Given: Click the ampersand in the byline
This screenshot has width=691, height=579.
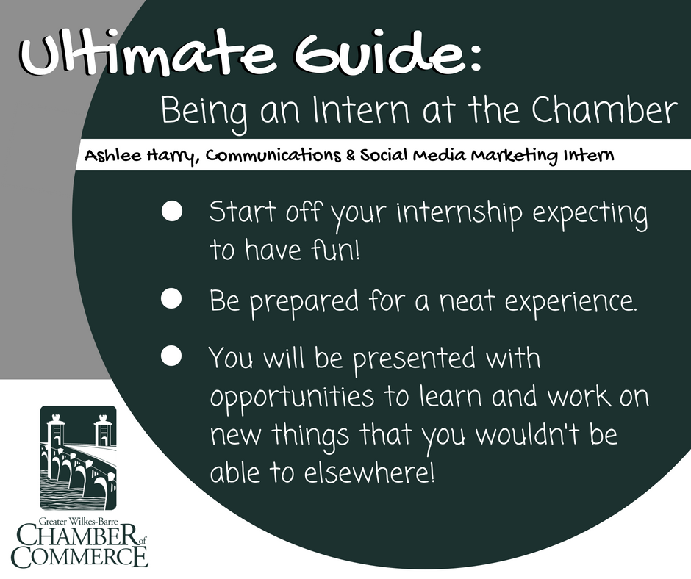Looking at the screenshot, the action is (351, 156).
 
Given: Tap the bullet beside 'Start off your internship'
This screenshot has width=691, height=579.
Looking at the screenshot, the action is (172, 211).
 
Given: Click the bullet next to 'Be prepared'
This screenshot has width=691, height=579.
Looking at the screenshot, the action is (171, 299).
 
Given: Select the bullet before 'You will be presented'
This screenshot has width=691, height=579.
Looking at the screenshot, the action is (171, 356).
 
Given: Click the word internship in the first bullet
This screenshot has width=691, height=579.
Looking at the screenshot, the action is (459, 213).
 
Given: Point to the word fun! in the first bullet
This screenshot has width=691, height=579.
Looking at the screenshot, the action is (335, 250).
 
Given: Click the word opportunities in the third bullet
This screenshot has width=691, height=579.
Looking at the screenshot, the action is (292, 397).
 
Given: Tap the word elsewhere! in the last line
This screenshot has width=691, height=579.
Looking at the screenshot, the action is (369, 472).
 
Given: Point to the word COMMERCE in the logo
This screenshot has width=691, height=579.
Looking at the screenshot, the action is (80, 557).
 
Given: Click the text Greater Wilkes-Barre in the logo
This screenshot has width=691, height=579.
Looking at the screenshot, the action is (79, 521).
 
